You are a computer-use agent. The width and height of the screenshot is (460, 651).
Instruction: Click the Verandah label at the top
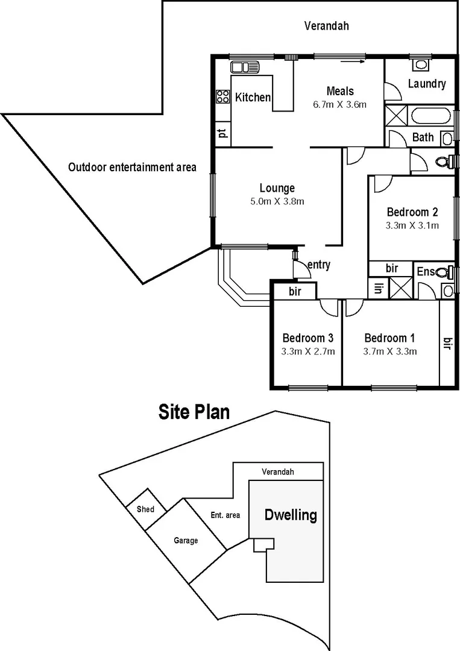(326, 26)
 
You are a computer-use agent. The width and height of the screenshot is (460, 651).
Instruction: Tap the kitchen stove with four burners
(222, 96)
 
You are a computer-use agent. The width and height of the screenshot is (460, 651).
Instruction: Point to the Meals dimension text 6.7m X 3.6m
(339, 104)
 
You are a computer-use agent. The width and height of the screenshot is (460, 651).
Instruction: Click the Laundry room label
(426, 84)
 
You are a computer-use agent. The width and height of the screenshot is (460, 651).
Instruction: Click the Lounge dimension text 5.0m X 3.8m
(277, 201)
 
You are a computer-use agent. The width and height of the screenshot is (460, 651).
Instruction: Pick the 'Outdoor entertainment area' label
(132, 167)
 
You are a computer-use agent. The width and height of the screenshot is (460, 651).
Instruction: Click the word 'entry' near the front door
(318, 265)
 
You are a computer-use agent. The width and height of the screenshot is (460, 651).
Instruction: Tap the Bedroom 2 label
(412, 212)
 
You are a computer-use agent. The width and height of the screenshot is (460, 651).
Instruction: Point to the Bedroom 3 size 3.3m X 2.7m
(308, 351)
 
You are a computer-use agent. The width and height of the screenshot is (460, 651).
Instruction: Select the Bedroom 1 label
(389, 338)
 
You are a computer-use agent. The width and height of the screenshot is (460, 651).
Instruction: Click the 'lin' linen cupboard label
(379, 288)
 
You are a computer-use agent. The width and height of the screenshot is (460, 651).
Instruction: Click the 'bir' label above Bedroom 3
(295, 292)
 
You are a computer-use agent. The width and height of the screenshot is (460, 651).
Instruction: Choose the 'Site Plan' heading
(194, 412)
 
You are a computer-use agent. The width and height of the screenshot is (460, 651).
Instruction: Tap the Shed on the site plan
(145, 509)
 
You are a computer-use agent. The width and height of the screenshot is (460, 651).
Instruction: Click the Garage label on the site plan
(186, 541)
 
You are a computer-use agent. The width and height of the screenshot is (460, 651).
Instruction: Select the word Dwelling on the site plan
(291, 515)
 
